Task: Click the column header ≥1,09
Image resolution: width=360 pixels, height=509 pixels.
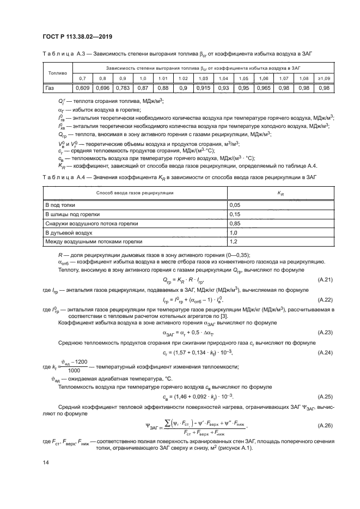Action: click(x=324, y=78)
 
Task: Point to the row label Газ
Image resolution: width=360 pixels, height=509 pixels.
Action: click(x=50, y=88)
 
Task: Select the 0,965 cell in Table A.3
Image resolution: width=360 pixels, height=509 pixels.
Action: click(x=263, y=88)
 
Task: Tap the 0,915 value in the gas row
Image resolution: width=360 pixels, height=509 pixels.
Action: click(x=204, y=88)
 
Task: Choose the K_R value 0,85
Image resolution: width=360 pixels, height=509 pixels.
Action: click(x=235, y=223)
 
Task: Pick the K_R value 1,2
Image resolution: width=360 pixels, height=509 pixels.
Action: click(x=234, y=241)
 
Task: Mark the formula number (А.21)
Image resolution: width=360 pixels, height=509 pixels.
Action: click(x=325, y=279)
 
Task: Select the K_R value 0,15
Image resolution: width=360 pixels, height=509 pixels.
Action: click(x=235, y=213)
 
